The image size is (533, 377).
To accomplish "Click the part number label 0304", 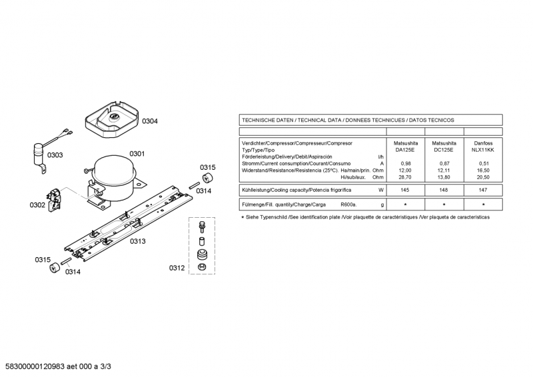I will click(149, 121).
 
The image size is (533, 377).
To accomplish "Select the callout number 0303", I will click(55, 155).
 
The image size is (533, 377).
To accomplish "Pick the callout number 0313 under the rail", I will click(137, 241).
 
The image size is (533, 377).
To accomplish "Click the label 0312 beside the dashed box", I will click(176, 268).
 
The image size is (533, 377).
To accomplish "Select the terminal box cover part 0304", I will click(113, 120).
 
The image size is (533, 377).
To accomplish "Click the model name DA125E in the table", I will click(405, 150).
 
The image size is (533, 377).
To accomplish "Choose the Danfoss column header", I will click(483, 143).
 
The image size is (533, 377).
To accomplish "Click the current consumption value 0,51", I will click(483, 163).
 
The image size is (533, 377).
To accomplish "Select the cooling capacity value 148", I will click(444, 190).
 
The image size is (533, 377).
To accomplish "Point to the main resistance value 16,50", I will click(483, 171).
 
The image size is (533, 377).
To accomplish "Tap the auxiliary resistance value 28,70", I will click(405, 177).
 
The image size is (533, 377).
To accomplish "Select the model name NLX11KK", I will click(483, 150).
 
